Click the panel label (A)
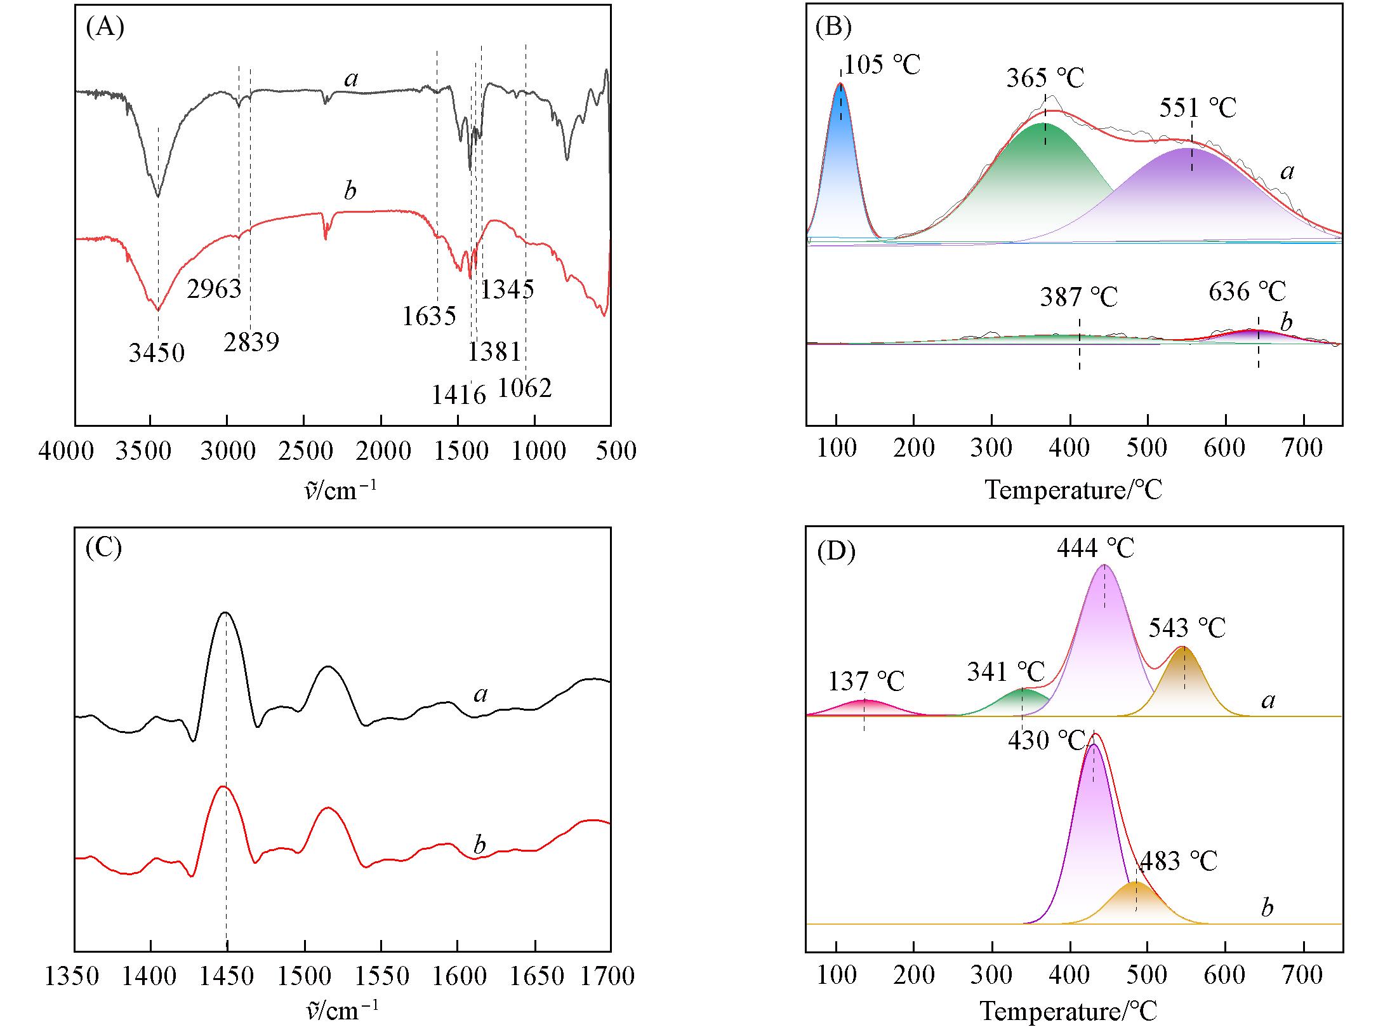point(105,28)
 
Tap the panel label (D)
point(836,551)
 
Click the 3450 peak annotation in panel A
point(157,352)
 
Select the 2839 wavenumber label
point(251,342)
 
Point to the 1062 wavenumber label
point(525,388)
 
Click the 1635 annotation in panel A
point(429,316)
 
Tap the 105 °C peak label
point(882,64)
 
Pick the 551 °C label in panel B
point(1198,108)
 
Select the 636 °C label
point(1247,292)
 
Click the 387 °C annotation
point(1078,297)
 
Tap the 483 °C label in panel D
point(1179,861)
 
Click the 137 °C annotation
point(866,681)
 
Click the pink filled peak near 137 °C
point(864,708)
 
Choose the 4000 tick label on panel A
point(66,452)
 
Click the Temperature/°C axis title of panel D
point(1068,1012)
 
